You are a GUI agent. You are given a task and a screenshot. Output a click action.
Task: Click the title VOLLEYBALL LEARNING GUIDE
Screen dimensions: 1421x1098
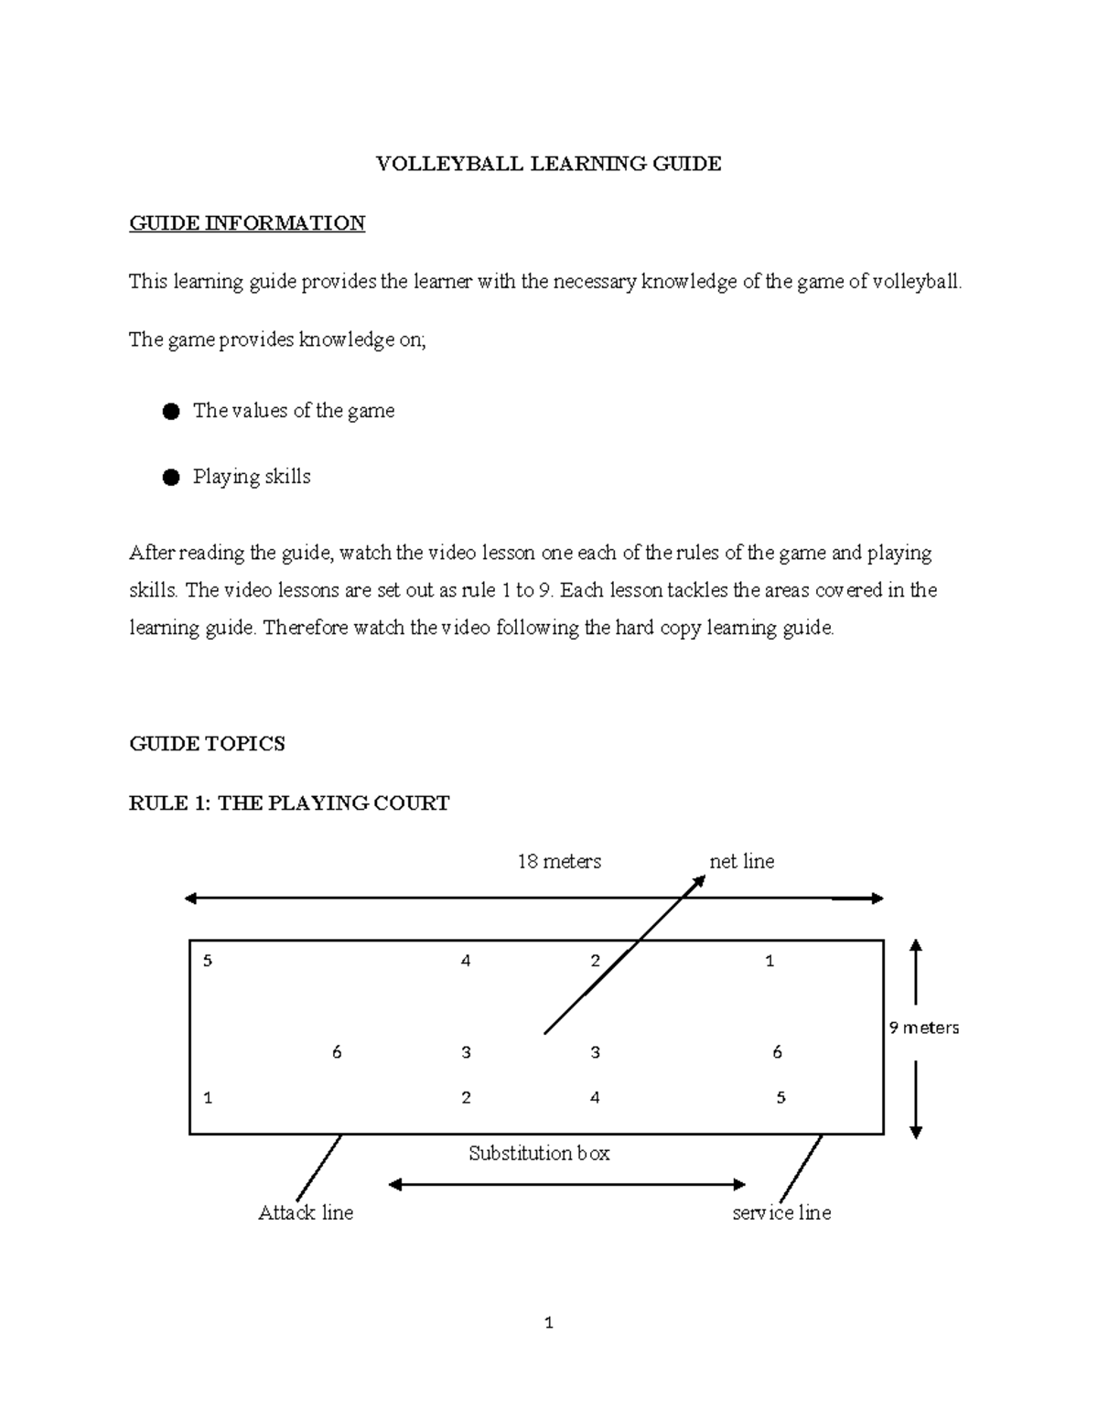coord(549,164)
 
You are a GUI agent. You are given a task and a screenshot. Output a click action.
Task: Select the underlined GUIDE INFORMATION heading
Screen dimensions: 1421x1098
coord(247,223)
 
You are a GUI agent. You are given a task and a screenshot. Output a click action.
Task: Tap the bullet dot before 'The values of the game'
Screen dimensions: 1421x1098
coord(170,412)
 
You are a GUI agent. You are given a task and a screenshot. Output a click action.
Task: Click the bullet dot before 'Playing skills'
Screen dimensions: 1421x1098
coord(170,478)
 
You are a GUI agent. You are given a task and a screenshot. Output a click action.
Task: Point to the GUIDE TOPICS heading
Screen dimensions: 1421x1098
coord(207,744)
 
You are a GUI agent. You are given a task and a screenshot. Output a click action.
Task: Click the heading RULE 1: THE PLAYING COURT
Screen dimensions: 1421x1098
coord(289,803)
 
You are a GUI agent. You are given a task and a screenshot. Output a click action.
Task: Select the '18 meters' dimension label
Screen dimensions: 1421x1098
coord(559,861)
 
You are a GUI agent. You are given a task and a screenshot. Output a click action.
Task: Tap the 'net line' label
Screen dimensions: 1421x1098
coord(741,861)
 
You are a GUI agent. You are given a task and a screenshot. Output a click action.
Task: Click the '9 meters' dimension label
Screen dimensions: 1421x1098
coord(923,1028)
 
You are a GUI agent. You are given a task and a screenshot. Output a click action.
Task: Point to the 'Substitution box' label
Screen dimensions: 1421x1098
coord(539,1153)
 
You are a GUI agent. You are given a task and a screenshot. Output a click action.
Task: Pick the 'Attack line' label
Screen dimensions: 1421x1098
coord(306,1212)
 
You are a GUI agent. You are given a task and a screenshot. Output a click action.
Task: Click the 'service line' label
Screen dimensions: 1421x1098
coord(781,1212)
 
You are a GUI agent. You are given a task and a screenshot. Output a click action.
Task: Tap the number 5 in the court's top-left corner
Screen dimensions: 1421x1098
coord(208,961)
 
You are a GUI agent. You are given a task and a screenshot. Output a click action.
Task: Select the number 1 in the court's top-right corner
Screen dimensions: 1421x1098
coord(770,961)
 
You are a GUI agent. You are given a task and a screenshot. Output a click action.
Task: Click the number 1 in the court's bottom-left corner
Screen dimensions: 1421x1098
coord(208,1097)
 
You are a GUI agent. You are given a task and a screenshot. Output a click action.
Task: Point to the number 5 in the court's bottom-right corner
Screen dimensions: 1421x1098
coord(780,1097)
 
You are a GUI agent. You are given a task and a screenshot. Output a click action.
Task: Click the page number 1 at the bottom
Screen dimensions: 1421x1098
coord(548,1322)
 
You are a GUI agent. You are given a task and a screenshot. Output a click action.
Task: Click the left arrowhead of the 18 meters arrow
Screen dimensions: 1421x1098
coord(190,899)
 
